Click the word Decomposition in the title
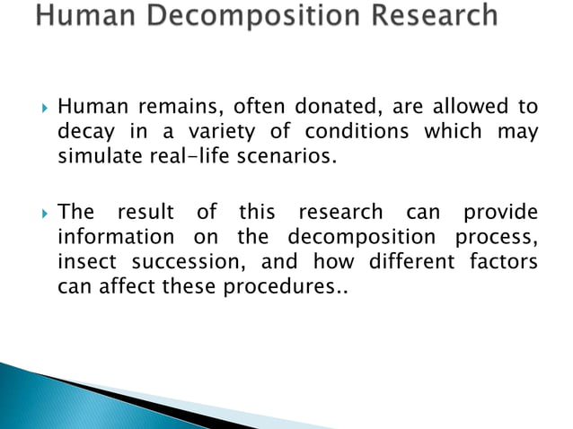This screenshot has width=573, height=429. pos(265,16)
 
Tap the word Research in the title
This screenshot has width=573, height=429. pos(429,16)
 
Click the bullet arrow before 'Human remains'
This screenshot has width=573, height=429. pos(37,109)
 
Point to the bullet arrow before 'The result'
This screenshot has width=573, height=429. pos(37,213)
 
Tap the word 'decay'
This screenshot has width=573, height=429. pos(85,134)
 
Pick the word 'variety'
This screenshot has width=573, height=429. pos(219,134)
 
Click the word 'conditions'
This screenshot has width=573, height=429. pos(355,134)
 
